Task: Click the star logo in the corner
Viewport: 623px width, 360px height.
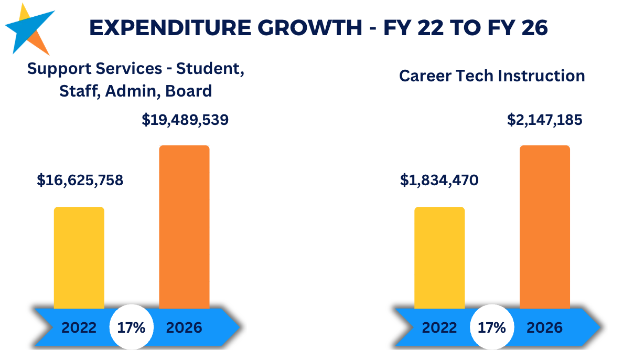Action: [29, 30]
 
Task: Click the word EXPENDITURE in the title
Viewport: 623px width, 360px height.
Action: [170, 28]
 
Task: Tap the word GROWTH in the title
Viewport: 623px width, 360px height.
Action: [309, 28]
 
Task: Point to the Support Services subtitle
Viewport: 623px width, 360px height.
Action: [135, 80]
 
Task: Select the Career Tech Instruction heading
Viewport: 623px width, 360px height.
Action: [492, 76]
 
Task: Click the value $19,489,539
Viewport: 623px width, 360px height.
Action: [185, 120]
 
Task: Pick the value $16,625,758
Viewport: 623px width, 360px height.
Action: [80, 180]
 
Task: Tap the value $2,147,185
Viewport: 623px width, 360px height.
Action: [544, 120]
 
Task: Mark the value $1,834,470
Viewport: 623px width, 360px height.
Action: [439, 180]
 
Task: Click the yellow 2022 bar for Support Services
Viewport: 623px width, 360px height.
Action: [79, 258]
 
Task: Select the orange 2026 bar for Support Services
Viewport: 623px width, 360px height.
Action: [185, 227]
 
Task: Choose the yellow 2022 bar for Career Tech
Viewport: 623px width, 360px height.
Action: [439, 258]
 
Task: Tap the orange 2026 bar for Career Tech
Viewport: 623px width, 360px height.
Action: [545, 227]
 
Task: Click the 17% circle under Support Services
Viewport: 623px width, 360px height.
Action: [132, 327]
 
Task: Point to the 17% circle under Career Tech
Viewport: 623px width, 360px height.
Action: [492, 327]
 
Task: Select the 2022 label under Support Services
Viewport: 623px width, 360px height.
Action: [79, 328]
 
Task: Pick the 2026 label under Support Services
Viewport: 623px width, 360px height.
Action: [184, 328]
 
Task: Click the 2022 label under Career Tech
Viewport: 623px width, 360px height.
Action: [439, 328]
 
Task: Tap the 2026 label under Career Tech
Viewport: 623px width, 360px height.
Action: [544, 328]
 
